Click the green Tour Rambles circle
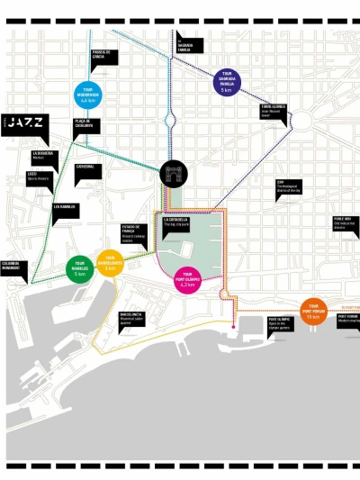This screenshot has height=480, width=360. pos(80,268)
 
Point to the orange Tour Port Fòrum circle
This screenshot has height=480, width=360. pos(312,310)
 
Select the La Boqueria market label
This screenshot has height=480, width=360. pos(46,156)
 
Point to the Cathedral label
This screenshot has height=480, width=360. pos(87,169)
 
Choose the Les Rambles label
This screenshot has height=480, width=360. pos(66,209)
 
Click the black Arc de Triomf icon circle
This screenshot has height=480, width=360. pos(174,174)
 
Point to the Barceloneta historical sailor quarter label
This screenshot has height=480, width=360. pos(132,318)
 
